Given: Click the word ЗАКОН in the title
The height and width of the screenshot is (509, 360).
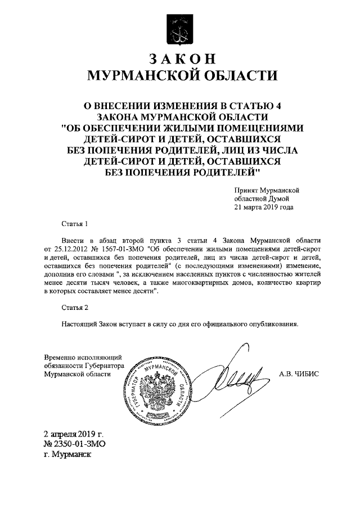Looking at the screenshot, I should pos(180,58).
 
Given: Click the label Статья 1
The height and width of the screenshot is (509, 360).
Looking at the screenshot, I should pos(75,224).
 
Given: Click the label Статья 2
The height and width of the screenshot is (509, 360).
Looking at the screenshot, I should pos(75,307).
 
